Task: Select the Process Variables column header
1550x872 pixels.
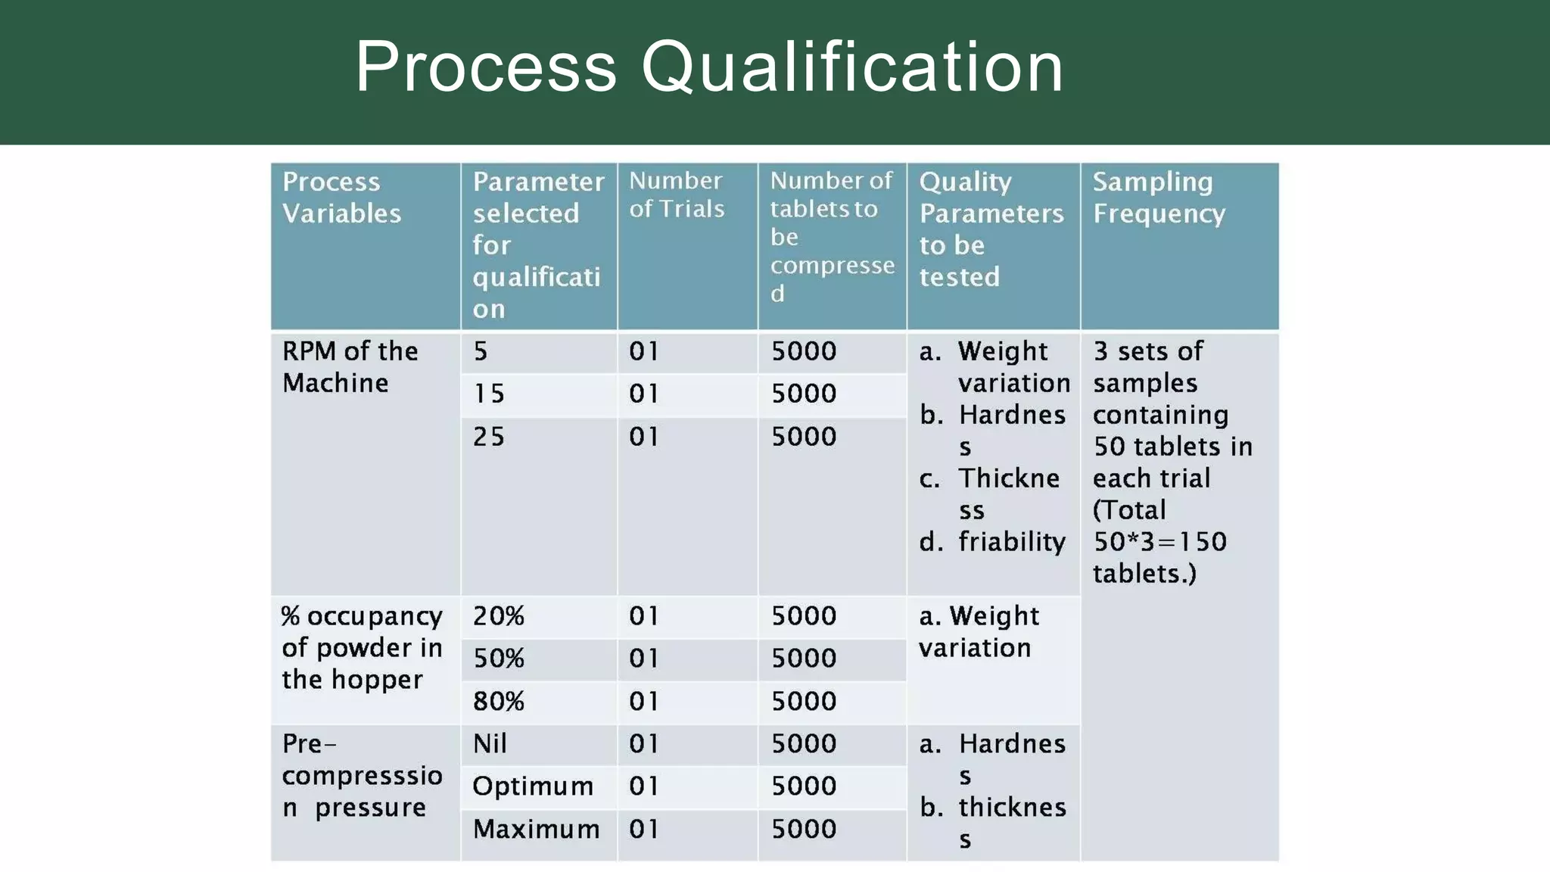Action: coord(341,198)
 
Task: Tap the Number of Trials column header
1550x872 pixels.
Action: coord(677,195)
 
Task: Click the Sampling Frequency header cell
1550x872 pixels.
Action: coord(1158,198)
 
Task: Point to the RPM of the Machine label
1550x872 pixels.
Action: coord(350,367)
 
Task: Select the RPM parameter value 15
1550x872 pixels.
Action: coord(489,394)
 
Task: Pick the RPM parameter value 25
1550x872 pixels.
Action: coord(489,437)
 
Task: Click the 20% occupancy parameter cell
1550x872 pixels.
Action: coord(499,616)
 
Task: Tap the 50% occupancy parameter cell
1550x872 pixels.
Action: coord(499,659)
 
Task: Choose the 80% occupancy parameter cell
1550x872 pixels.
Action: coord(499,702)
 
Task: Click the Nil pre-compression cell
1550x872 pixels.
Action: coord(490,744)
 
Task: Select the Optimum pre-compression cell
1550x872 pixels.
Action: coord(533,786)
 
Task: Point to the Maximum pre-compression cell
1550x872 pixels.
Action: coord(536,830)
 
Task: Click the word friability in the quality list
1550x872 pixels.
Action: coord(1012,542)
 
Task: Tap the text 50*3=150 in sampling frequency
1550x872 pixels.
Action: coord(1159,542)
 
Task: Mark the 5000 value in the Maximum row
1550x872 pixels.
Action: coord(804,830)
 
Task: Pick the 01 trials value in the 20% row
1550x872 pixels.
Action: coord(644,616)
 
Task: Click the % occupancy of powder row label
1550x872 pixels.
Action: coord(362,648)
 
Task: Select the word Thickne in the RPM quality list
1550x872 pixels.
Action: coord(1009,478)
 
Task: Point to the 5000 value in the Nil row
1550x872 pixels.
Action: coord(804,744)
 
